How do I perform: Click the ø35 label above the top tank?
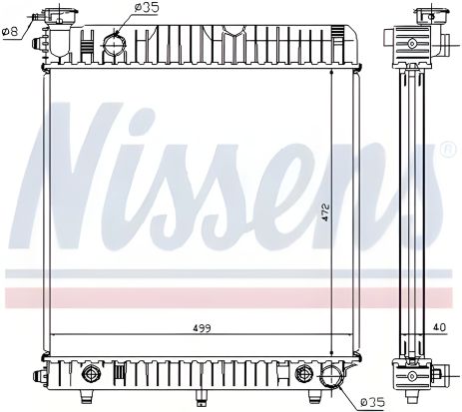(146, 8)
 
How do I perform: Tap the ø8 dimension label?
(12, 31)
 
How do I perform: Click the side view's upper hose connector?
(411, 45)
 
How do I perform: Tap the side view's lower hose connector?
(411, 377)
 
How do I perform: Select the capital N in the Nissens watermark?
(85, 180)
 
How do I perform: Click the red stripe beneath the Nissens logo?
(231, 295)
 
